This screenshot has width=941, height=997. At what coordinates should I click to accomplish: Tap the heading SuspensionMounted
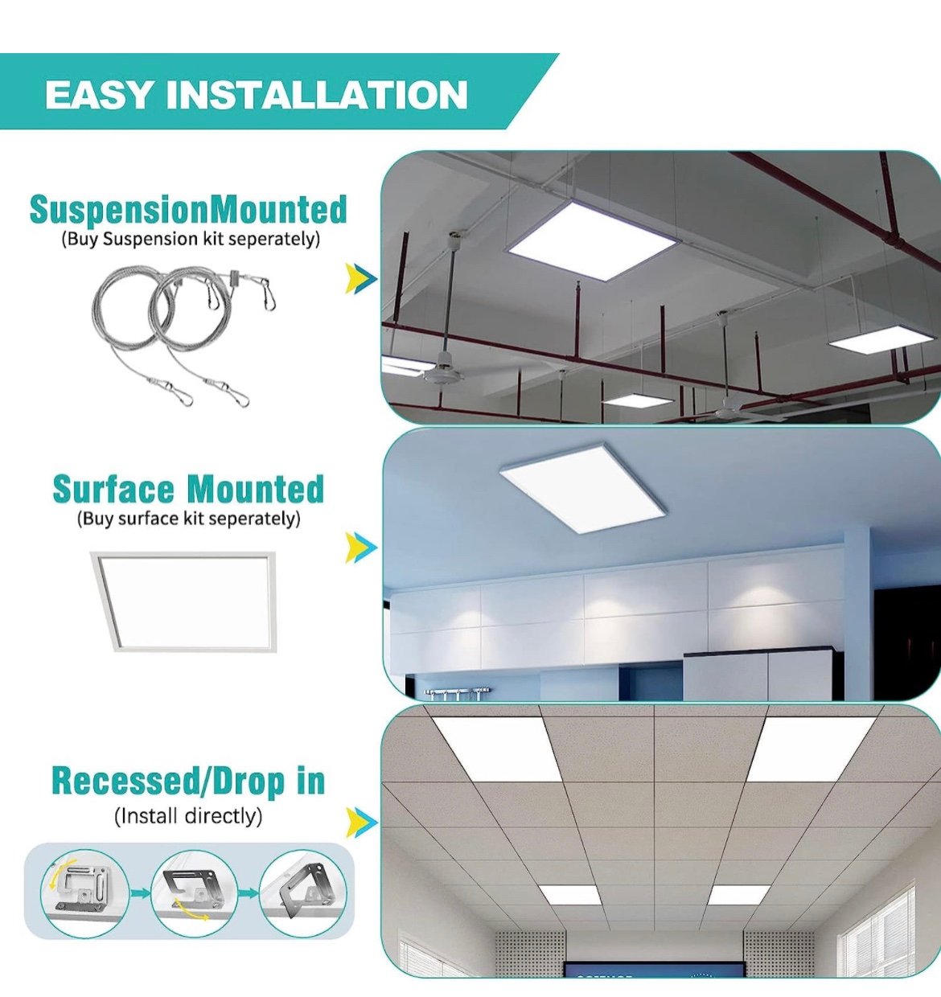click(x=188, y=209)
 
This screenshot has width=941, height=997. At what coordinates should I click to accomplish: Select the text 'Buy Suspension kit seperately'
click(x=191, y=239)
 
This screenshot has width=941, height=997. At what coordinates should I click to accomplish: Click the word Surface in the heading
click(x=113, y=489)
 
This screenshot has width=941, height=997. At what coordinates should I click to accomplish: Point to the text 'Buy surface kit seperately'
click(x=188, y=518)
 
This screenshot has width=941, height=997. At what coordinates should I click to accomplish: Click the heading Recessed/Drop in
click(x=188, y=782)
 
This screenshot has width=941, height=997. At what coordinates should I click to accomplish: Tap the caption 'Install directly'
click(x=188, y=816)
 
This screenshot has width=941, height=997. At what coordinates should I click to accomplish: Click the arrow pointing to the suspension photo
click(x=361, y=278)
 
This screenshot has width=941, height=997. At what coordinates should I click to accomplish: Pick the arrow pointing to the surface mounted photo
click(x=361, y=548)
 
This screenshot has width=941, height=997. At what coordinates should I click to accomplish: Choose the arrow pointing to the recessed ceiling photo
click(x=361, y=823)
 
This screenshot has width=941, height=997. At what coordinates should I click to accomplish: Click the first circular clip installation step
click(x=84, y=893)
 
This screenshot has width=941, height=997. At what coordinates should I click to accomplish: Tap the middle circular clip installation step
click(x=195, y=893)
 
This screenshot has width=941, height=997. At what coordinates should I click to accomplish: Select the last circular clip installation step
click(x=302, y=893)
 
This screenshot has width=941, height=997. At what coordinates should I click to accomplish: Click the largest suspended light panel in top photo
click(x=593, y=242)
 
